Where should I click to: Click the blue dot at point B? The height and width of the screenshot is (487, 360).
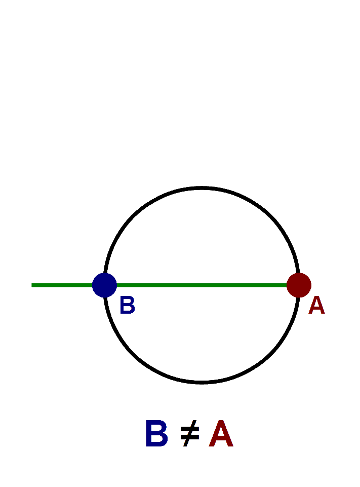tap(104, 285)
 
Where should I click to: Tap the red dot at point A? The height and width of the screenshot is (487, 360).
tap(299, 285)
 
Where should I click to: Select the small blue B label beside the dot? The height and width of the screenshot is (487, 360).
tap(127, 306)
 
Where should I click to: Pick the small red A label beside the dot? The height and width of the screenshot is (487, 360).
tap(316, 306)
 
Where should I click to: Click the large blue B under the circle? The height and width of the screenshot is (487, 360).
tap(156, 434)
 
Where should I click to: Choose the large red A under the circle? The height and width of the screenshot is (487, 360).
tap(221, 434)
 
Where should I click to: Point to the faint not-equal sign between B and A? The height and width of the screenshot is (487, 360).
tap(190, 435)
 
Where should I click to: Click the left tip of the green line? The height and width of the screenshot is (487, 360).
tap(33, 285)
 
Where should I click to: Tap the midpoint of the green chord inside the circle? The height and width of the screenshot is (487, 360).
tap(202, 285)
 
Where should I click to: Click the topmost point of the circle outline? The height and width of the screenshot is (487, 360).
tap(202, 188)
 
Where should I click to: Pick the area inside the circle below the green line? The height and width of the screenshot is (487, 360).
tap(202, 334)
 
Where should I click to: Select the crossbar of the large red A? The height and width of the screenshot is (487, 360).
tap(221, 440)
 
